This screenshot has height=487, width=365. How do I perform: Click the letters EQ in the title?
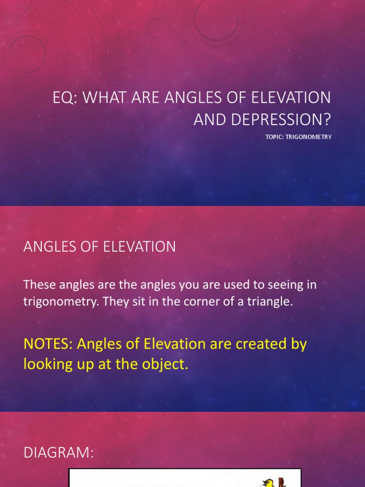[63, 98]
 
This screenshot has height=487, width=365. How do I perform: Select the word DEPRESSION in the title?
[281, 120]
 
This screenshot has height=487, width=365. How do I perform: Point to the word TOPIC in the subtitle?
[275, 137]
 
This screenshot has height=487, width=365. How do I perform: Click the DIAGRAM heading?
[59, 453]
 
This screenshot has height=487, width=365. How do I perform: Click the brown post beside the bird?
[281, 481]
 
